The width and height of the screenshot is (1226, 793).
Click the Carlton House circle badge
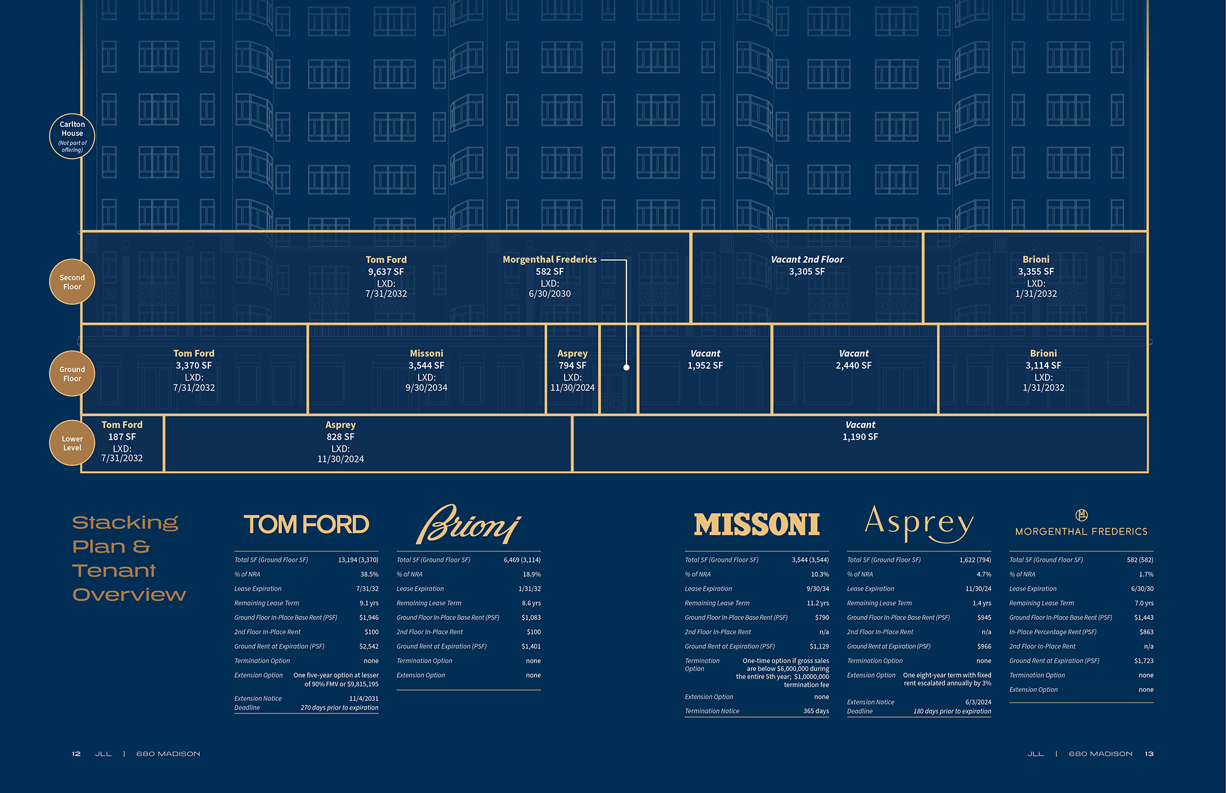click(72, 136)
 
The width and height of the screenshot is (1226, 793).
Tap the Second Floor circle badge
click(72, 282)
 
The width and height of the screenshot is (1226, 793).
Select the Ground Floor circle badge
click(72, 374)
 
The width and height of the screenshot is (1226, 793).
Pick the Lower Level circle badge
click(72, 443)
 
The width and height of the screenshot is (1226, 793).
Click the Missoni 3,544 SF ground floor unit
click(427, 370)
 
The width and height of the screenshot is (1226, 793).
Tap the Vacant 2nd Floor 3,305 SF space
click(807, 266)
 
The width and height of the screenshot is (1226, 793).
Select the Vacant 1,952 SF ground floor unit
click(705, 360)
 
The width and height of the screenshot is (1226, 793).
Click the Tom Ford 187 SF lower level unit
click(122, 441)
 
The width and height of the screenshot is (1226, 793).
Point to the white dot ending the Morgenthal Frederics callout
click(626, 368)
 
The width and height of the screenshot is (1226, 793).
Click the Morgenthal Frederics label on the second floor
click(549, 260)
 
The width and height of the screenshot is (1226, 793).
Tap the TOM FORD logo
click(306, 525)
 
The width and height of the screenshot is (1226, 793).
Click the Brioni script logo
click(468, 525)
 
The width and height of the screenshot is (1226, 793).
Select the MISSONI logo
click(756, 525)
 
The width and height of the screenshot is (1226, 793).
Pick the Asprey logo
click(919, 523)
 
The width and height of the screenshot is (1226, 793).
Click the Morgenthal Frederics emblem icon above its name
click(1081, 515)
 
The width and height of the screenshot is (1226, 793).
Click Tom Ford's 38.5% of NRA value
click(369, 574)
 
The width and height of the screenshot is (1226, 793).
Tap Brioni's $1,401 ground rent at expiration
click(531, 647)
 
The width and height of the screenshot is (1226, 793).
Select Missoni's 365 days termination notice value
click(816, 711)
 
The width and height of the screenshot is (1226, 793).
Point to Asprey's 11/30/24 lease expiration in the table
click(978, 589)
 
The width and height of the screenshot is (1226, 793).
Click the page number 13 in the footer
click(1149, 754)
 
